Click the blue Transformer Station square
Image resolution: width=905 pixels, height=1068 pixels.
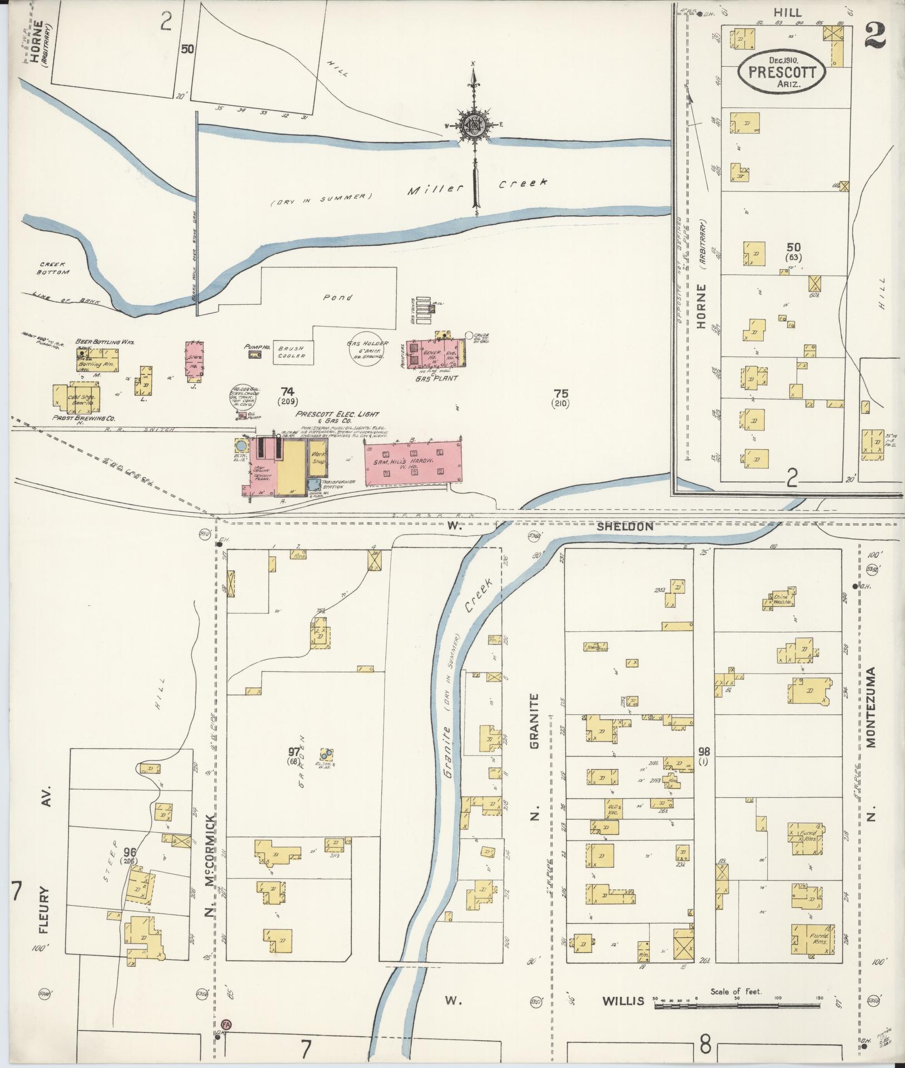pos(315,485)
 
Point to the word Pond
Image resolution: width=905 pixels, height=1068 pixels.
pos(338,298)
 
